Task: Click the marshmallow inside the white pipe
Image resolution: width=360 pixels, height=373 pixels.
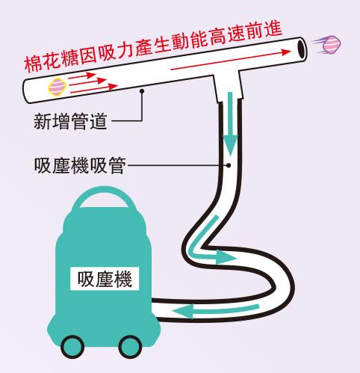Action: [58, 87]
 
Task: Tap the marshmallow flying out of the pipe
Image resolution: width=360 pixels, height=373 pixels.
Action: [332, 44]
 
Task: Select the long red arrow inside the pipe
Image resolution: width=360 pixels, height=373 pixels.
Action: [231, 60]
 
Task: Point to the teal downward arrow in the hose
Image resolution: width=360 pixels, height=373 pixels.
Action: [230, 124]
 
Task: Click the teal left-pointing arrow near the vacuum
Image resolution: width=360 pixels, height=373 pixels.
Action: [216, 311]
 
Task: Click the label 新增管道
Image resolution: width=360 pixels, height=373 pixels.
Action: [70, 121]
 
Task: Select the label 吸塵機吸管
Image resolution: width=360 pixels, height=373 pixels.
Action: [80, 165]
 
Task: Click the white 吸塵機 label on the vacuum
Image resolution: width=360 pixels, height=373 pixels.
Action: [105, 279]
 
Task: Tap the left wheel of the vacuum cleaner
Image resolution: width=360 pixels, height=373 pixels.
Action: [72, 347]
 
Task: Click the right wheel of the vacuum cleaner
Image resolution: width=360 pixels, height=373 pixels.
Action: [130, 347]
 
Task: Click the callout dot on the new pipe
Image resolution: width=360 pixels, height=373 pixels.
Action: [142, 91]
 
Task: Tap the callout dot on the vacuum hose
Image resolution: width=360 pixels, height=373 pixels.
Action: [229, 165]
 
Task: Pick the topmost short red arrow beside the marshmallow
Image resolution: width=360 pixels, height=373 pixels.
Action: [82, 75]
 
